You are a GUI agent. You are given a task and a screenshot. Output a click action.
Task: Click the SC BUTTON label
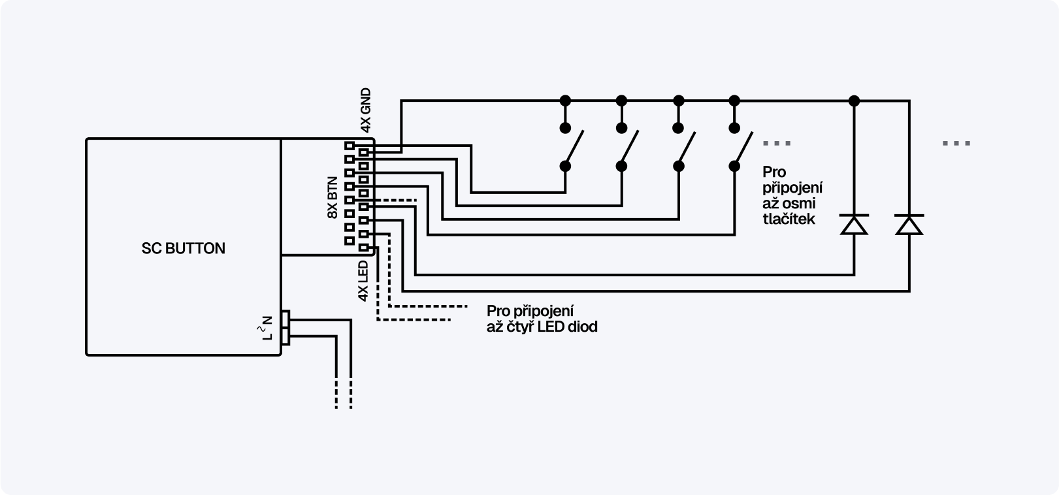(184, 248)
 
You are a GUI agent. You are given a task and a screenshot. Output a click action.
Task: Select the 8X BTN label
(333, 197)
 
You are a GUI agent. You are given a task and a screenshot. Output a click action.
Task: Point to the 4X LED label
(364, 281)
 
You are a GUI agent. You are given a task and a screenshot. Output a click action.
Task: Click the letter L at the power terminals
(267, 336)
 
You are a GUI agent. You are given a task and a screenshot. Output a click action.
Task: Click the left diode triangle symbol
(853, 225)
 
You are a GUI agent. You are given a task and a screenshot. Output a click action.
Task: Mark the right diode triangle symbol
(909, 225)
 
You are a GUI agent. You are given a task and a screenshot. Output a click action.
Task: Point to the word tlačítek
(789, 219)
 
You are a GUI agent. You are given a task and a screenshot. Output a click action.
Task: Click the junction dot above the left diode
(853, 101)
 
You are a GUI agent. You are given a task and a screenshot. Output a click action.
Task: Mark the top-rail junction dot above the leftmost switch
(565, 101)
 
